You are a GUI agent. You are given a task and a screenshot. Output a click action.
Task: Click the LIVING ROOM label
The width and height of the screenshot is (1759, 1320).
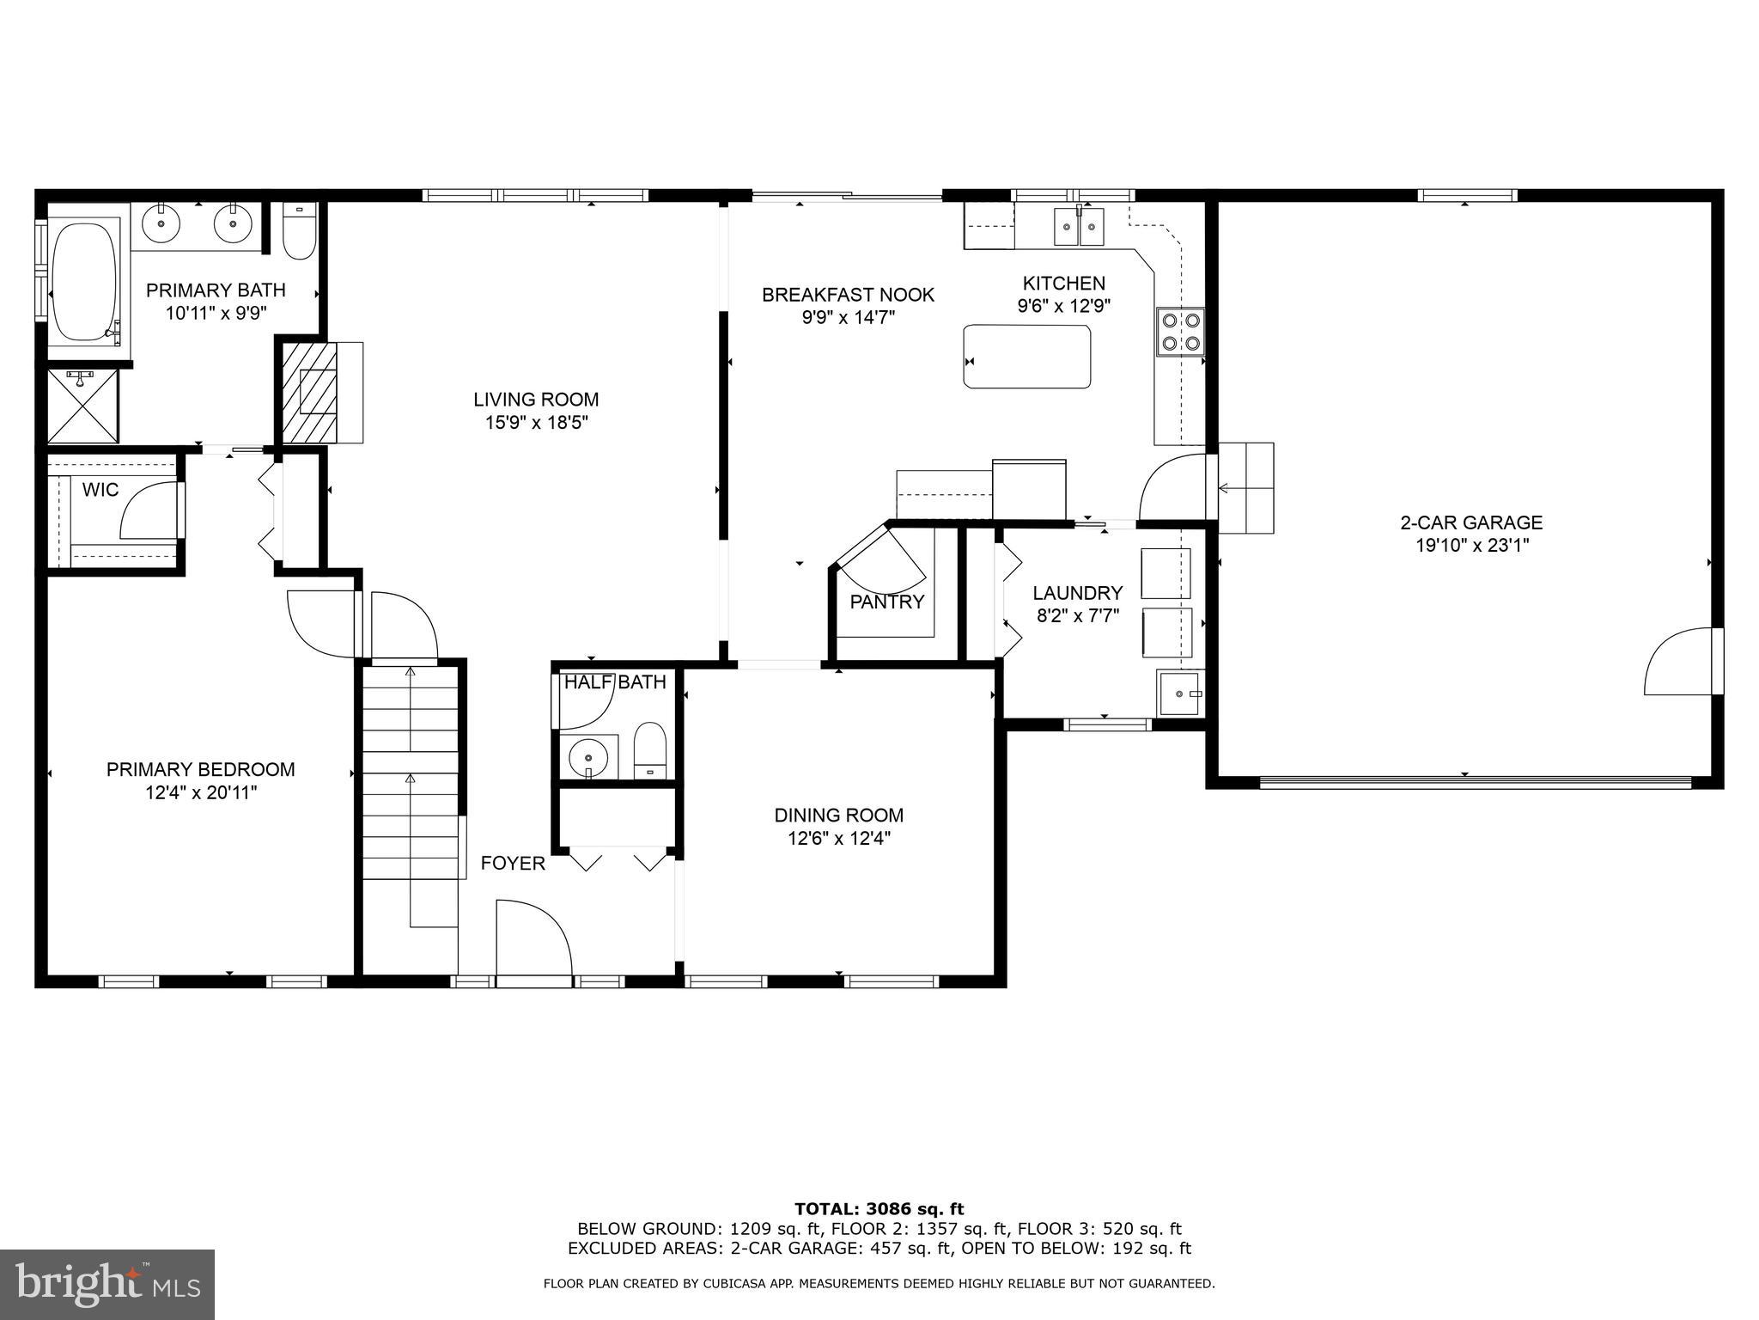pos(536,400)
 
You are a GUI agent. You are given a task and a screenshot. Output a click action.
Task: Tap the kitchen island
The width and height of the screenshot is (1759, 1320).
pos(1027,357)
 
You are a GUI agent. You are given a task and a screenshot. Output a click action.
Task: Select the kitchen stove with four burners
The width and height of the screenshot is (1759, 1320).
pos(1180,332)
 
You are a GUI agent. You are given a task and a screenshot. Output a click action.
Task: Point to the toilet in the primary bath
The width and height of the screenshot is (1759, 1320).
pos(299,232)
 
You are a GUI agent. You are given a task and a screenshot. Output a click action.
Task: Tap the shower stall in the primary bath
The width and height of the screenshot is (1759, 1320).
pos(82,406)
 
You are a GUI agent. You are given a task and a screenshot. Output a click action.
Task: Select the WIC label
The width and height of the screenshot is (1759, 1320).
pos(100,491)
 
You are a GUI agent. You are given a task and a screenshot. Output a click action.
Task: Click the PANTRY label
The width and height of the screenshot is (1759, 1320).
pos(886,602)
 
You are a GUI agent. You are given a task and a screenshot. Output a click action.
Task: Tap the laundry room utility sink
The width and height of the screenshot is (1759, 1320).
pos(1180,694)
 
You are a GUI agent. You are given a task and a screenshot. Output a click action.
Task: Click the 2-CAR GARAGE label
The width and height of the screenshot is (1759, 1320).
pos(1471,522)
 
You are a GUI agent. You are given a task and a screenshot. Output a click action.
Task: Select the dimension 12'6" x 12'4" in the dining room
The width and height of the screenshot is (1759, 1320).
pos(838,839)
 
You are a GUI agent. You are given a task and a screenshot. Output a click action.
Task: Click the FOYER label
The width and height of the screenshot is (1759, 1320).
pos(513,864)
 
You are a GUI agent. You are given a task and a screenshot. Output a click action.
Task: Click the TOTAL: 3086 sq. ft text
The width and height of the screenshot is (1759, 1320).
pos(879,1210)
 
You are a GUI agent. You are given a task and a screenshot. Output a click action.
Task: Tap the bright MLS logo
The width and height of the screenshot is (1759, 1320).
pos(107,1284)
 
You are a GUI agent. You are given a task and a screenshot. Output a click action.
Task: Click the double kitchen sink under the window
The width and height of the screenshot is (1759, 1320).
pos(1079,227)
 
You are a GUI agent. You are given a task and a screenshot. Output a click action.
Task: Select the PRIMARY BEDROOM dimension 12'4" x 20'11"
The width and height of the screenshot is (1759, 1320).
pos(201,792)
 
